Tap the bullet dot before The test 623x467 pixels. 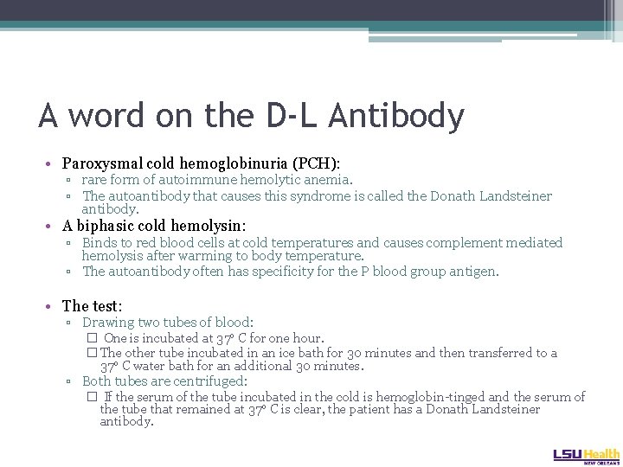pos(54,307)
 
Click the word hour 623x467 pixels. pos(307,338)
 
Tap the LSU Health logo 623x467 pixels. pos(585,454)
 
